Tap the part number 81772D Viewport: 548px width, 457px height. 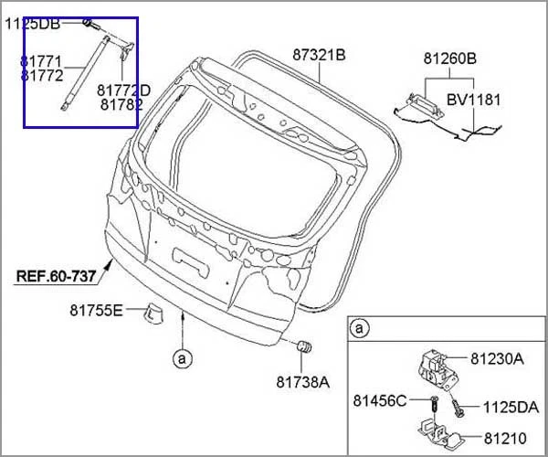point(124,90)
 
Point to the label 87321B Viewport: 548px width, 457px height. point(319,55)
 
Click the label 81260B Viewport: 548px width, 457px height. point(449,58)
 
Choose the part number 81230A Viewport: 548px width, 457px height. point(497,358)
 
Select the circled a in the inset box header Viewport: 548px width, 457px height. point(361,327)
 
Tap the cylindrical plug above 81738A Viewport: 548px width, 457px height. point(305,348)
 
